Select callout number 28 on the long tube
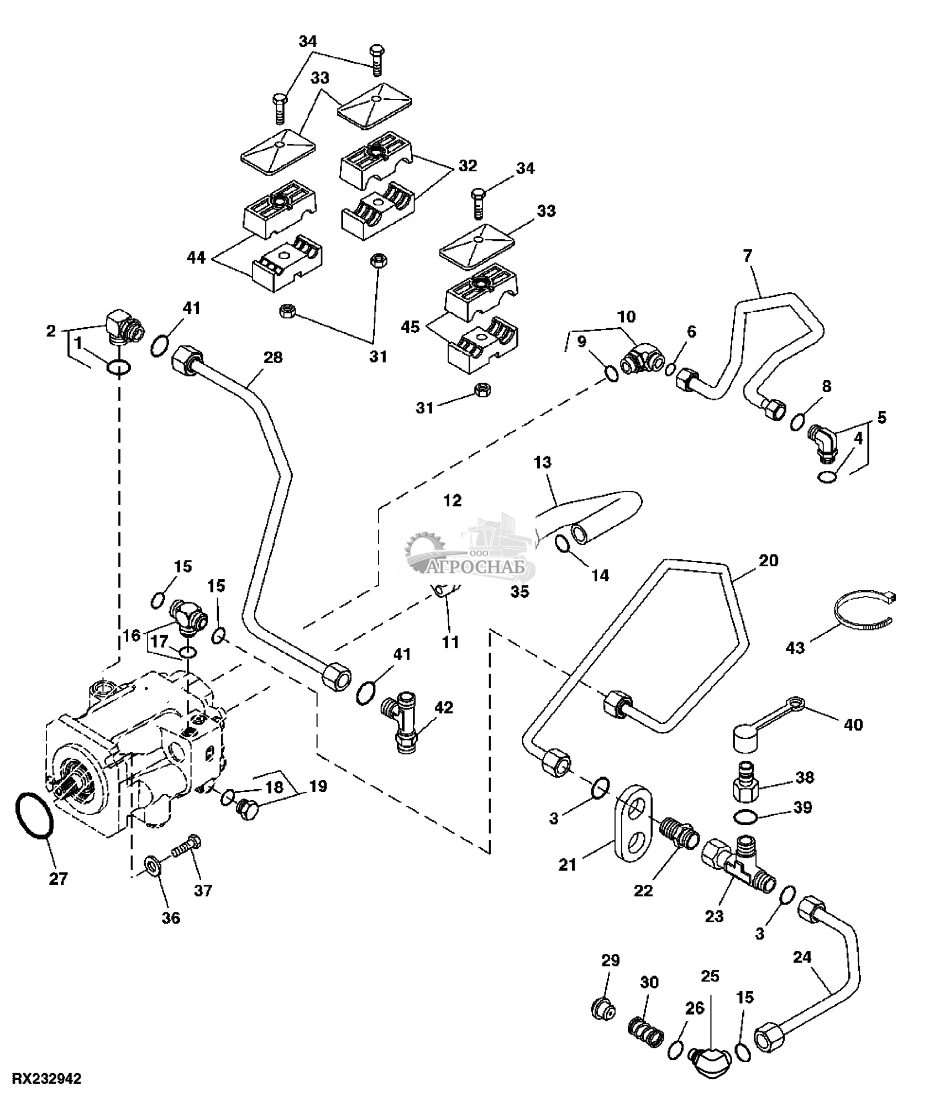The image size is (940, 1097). coord(273,358)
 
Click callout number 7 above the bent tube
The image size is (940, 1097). coord(747,256)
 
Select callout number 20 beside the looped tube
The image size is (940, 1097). coord(769,560)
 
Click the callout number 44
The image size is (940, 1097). coord(197,257)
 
